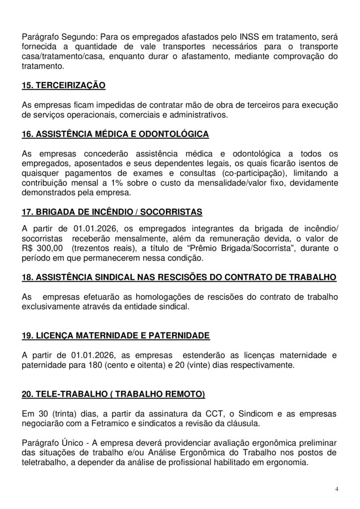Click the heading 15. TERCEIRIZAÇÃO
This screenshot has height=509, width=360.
coord(64,86)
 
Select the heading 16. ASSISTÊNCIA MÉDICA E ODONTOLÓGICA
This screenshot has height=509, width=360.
coord(115,134)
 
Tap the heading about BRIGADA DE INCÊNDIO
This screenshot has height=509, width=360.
coord(112,212)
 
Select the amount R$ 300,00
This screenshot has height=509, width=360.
coord(43,248)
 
